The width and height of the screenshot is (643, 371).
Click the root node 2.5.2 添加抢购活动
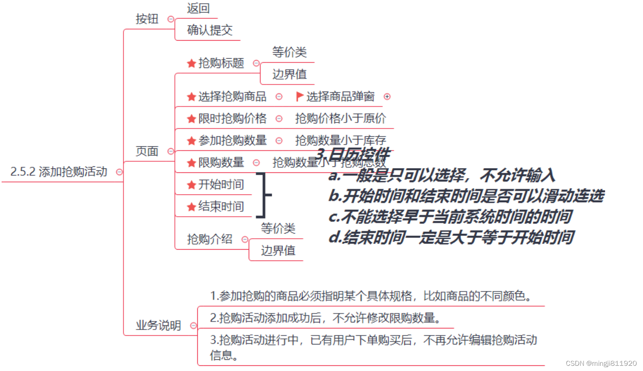[59, 172]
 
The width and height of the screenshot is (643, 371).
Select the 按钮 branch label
[147, 19]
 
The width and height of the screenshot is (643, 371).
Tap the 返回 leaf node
[198, 8]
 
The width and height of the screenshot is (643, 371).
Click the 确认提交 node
[209, 30]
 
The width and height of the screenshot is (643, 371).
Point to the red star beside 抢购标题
[191, 64]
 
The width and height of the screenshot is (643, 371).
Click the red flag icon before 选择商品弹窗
[299, 96]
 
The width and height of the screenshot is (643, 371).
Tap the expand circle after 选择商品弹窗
[387, 96]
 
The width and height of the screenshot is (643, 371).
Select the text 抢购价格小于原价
[340, 119]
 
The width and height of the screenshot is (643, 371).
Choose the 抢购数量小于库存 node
[340, 140]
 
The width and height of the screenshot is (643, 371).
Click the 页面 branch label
[147, 151]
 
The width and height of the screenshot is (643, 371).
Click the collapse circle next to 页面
[171, 151]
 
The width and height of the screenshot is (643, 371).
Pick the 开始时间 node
[221, 184]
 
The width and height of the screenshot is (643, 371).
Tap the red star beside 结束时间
[191, 207]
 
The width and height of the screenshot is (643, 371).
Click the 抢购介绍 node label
[209, 240]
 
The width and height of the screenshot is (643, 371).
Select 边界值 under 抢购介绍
[278, 251]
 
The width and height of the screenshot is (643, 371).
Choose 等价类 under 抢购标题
[289, 52]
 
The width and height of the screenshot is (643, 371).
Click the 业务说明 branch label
[158, 325]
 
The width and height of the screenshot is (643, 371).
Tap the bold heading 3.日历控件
[352, 154]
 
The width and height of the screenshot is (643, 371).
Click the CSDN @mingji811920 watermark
[601, 363]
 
